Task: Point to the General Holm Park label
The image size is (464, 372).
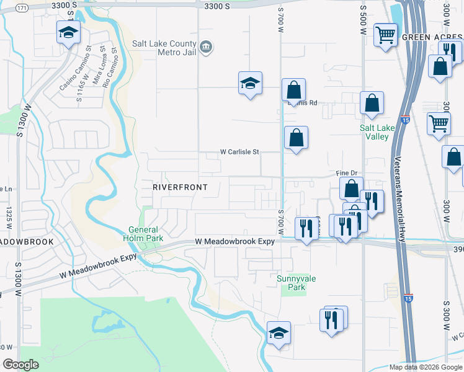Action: point(146,233)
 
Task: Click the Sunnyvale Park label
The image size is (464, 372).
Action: point(296,283)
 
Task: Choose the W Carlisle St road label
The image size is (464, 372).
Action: point(239,151)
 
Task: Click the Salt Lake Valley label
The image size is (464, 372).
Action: point(377,132)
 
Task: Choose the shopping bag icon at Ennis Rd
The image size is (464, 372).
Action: point(293,90)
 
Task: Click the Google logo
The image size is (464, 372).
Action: point(20,365)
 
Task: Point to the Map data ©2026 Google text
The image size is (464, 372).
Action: point(425,367)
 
